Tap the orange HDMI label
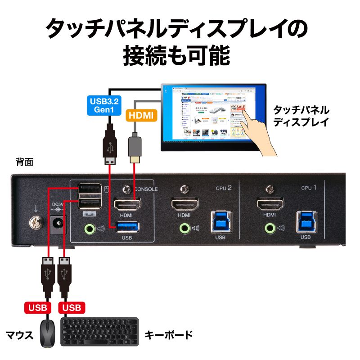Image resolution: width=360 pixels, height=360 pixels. [141, 116]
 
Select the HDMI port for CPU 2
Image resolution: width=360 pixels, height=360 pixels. [184, 205]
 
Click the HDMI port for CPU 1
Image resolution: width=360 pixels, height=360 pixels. [270, 205]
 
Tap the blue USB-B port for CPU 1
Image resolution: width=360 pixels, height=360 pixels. [306, 222]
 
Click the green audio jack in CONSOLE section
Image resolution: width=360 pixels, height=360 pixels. [90, 228]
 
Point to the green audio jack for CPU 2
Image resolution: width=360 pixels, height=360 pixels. [184, 228]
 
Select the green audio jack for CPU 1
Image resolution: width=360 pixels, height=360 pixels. [270, 228]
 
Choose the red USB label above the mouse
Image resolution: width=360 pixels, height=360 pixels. [38, 308]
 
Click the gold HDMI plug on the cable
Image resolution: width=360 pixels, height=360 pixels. [135, 159]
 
